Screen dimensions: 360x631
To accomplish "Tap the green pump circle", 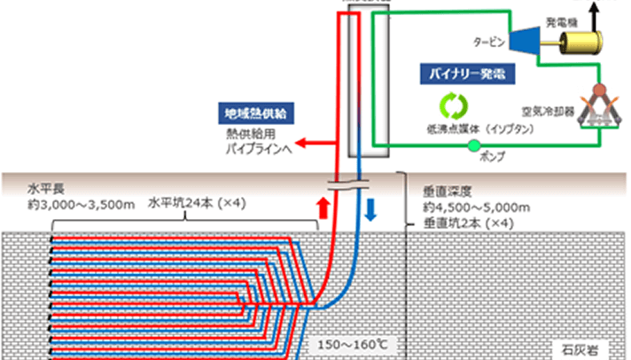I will pyautogui.click(x=473, y=145).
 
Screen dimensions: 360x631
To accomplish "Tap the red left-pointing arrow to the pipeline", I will pyautogui.click(x=308, y=142).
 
